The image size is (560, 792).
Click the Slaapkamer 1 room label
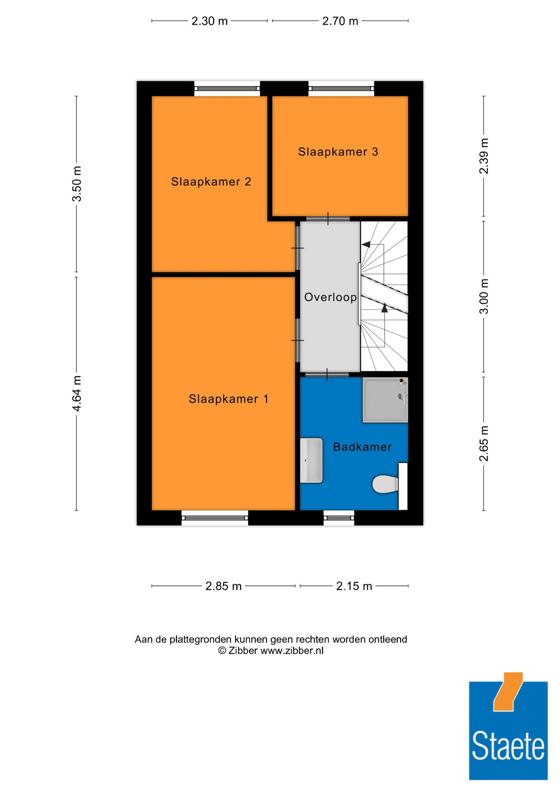[228, 399]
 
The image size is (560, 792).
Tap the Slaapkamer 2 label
[211, 182]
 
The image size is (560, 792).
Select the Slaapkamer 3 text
[338, 152]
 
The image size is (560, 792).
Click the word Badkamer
[362, 447]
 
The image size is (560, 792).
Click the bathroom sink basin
[311, 460]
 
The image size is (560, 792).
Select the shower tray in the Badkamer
[385, 400]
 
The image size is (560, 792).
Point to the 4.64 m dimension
[77, 393]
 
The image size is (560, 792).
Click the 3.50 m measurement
[77, 184]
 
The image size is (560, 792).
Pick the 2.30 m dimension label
[209, 21]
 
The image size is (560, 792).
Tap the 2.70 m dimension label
[340, 21]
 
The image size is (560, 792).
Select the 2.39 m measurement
[484, 156]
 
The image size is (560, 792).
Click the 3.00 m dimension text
[484, 296]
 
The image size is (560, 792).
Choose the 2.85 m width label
[223, 586]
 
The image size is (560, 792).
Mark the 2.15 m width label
[354, 586]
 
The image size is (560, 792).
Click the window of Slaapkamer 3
[341, 89]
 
